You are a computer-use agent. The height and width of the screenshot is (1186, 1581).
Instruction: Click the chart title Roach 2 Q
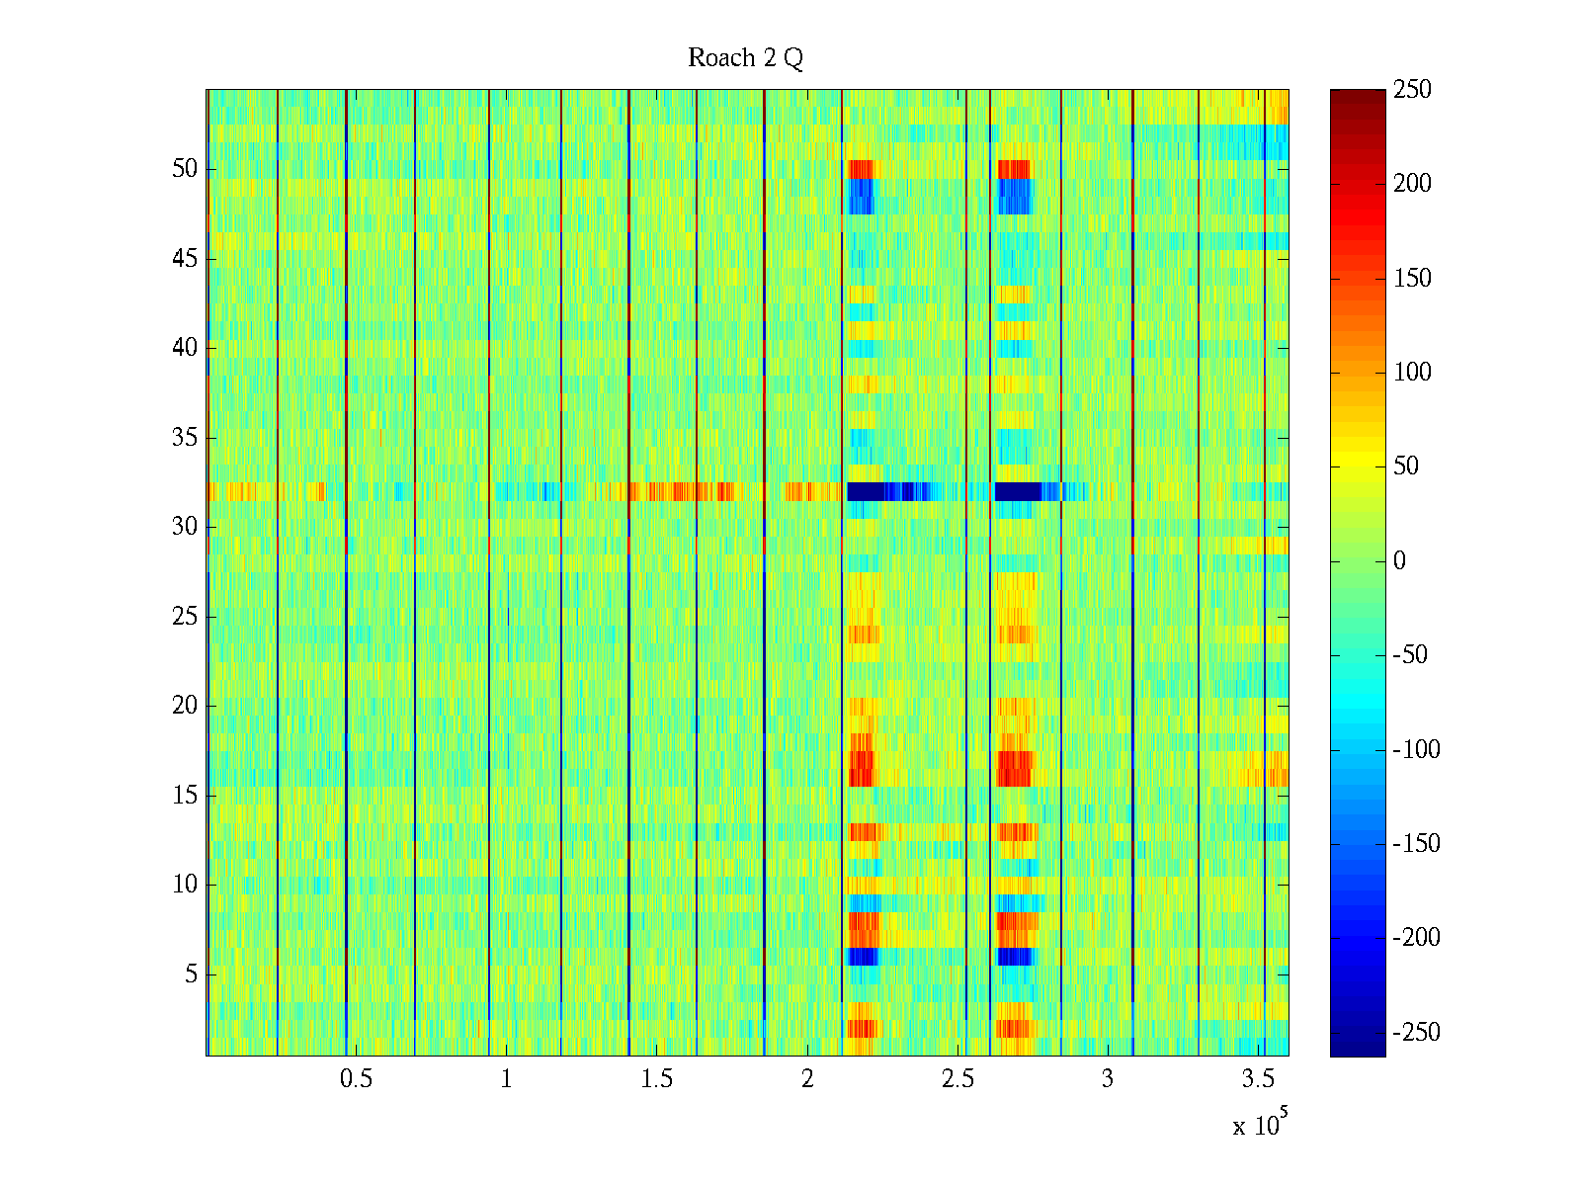pyautogui.click(x=745, y=58)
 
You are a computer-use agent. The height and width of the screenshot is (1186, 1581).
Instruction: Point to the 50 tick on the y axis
pyautogui.click(x=185, y=168)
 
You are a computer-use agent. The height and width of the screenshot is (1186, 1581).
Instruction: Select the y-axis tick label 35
pyautogui.click(x=185, y=437)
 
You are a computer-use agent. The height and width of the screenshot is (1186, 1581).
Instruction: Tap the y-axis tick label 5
pyautogui.click(x=191, y=974)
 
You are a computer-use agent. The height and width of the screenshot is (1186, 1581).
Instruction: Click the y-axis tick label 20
pyautogui.click(x=185, y=706)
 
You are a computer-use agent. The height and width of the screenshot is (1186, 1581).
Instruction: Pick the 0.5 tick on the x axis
pyautogui.click(x=356, y=1079)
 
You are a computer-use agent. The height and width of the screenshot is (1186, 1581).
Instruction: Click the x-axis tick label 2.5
pyautogui.click(x=957, y=1079)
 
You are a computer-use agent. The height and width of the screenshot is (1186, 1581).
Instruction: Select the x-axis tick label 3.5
pyautogui.click(x=1258, y=1079)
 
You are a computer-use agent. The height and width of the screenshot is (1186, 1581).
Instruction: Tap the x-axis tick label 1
pyautogui.click(x=506, y=1079)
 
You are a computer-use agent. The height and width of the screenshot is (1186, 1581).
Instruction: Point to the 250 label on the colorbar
pyautogui.click(x=1412, y=90)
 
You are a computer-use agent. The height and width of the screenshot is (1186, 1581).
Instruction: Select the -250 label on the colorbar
pyautogui.click(x=1416, y=1033)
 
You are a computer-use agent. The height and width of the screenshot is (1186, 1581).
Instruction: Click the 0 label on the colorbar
pyautogui.click(x=1399, y=561)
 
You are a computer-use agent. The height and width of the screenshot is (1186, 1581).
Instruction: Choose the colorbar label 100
pyautogui.click(x=1412, y=373)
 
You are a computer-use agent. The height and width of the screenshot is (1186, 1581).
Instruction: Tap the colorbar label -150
pyautogui.click(x=1416, y=844)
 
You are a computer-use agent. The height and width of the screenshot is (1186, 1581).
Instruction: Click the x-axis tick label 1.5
pyautogui.click(x=656, y=1079)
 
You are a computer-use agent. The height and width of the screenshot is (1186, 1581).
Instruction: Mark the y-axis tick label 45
pyautogui.click(x=185, y=258)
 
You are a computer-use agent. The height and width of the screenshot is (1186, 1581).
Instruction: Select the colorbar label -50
pyautogui.click(x=1411, y=655)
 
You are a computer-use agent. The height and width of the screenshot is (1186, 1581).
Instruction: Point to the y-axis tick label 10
pyautogui.click(x=185, y=885)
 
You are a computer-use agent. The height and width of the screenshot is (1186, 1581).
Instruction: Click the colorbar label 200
pyautogui.click(x=1412, y=184)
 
